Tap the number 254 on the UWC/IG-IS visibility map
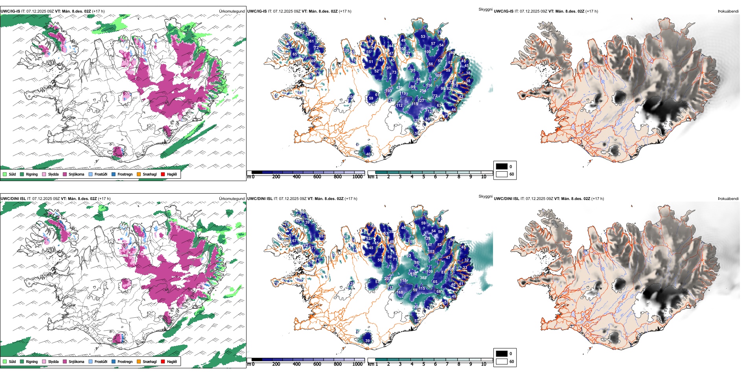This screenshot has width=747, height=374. [423, 91]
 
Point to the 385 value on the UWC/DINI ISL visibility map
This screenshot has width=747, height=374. [423, 278]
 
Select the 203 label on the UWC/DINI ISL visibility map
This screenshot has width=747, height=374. [388, 279]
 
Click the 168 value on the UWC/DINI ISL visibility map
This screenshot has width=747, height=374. [399, 293]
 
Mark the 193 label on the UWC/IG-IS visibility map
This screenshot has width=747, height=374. [389, 91]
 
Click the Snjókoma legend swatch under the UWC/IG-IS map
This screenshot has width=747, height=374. [65, 174]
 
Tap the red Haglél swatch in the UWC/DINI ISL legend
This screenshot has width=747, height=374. [163, 361]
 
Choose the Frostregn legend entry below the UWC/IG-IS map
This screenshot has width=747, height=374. [114, 174]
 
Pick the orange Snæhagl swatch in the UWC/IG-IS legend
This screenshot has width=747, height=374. [139, 174]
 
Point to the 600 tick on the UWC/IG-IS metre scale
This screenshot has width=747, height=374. [317, 177]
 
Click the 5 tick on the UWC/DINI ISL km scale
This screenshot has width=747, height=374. [423, 364]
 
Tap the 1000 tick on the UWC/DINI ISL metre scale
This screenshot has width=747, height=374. [357, 364]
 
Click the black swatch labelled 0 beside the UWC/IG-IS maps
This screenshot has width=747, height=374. [502, 167]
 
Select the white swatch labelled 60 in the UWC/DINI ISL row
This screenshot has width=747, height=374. [502, 361]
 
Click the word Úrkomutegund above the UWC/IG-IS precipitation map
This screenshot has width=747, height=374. [232, 11]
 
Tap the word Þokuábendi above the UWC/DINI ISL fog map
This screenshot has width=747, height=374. [728, 199]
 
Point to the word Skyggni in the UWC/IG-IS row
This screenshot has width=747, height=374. [485, 9]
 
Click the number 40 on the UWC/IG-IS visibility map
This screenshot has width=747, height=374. [368, 154]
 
